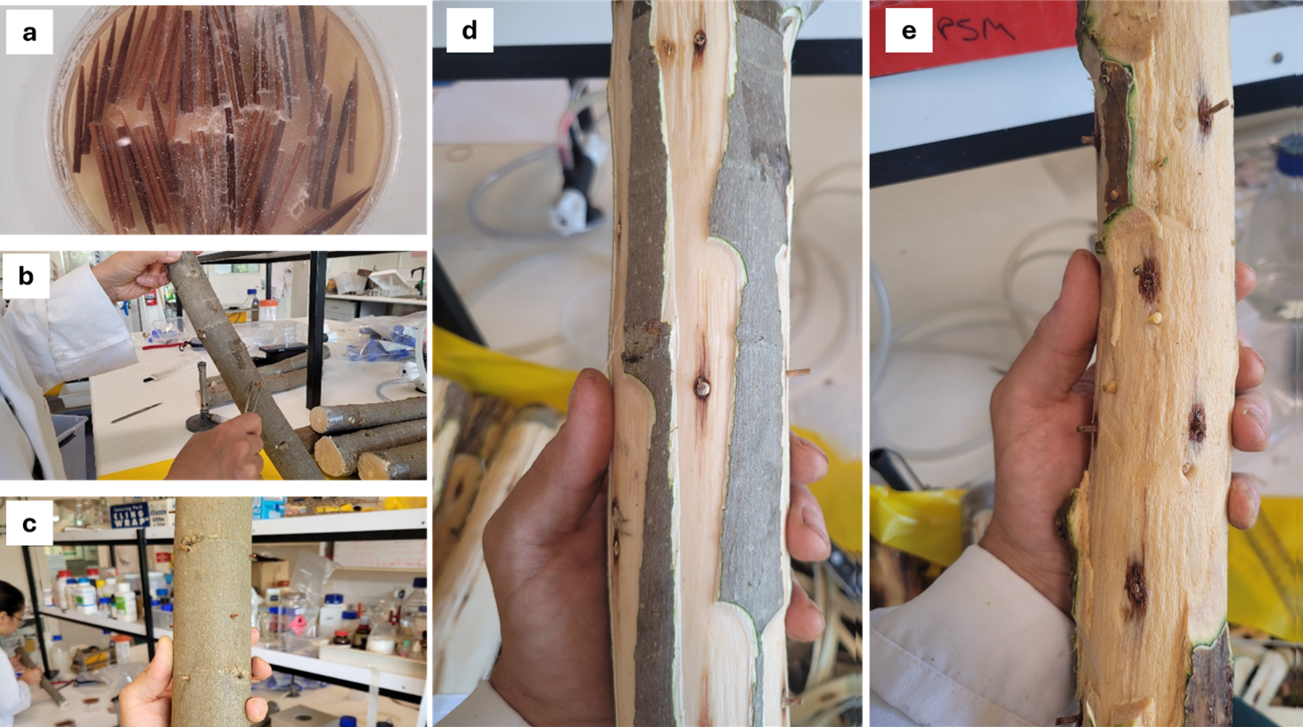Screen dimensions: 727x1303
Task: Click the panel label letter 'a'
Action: click(x=29, y=33)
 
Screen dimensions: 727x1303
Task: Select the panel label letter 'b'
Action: click(x=26, y=276)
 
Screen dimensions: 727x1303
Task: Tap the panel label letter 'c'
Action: click(x=29, y=523)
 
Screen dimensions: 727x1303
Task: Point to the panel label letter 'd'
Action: click(x=469, y=30)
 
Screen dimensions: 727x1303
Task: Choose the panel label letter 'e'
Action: click(x=908, y=31)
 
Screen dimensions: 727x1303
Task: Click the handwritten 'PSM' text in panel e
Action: click(x=977, y=30)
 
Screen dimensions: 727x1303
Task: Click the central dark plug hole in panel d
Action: click(x=701, y=386)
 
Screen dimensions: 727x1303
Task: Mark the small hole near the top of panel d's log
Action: click(x=699, y=40)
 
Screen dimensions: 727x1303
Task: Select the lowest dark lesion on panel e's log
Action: click(x=1135, y=584)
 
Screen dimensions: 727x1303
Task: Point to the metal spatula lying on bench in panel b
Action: click(x=136, y=412)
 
